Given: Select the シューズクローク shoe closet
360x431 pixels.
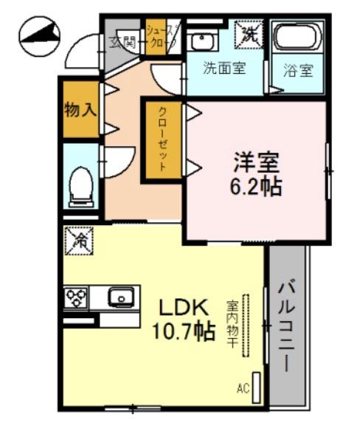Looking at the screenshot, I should click(x=160, y=37).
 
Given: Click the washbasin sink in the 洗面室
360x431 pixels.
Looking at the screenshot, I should click(x=199, y=41).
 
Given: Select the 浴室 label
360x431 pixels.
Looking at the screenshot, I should click(x=298, y=71).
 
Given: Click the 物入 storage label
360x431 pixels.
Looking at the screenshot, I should click(x=80, y=110).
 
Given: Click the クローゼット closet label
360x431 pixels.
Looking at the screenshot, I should click(x=162, y=140).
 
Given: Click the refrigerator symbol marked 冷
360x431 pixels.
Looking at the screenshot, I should click(x=79, y=239).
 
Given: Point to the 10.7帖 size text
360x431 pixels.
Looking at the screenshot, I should click(x=184, y=331).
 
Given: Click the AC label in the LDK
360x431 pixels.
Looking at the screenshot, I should click(x=243, y=387).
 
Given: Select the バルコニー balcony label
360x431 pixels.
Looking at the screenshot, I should click(x=287, y=328).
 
